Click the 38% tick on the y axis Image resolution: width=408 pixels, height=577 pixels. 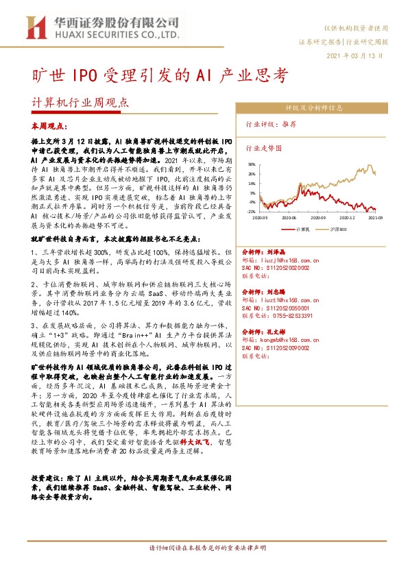[252, 164]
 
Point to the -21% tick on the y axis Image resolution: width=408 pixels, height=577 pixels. [252, 212]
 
